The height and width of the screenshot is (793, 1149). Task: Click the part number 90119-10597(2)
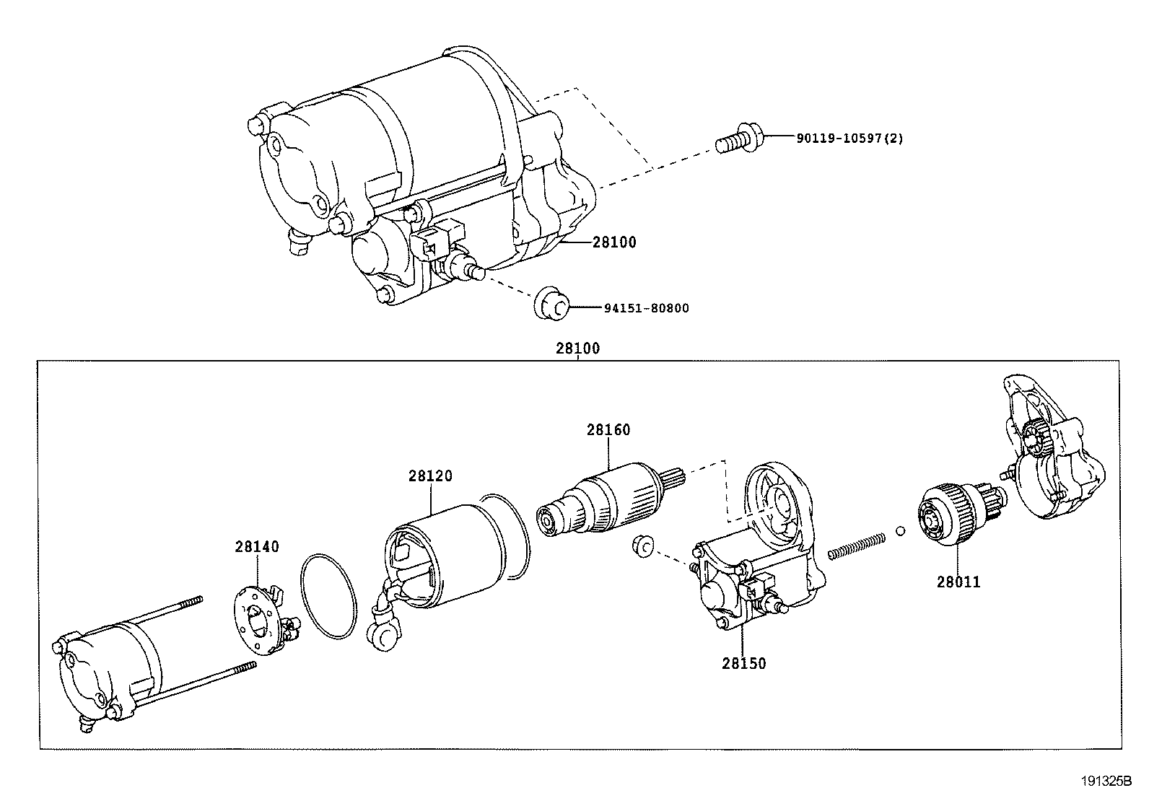[x=849, y=138]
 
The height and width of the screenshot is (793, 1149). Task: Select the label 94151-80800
[x=646, y=308]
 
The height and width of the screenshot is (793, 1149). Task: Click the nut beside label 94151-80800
[x=551, y=304]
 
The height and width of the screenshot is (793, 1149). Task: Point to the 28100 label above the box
[x=577, y=349]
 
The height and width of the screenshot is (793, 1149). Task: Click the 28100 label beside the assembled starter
[x=614, y=242]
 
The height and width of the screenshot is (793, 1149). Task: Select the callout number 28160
[x=608, y=430]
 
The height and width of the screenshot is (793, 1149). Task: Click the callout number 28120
[x=430, y=476]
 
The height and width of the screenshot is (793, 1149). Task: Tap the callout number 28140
[x=256, y=547]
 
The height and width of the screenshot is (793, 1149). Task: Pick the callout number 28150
[x=743, y=663]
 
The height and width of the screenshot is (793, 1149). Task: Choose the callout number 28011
[x=958, y=581]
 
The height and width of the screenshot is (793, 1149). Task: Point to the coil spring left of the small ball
[x=857, y=546]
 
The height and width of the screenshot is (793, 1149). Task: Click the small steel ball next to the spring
[x=900, y=531]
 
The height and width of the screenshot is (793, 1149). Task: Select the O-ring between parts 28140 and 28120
[x=328, y=596]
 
